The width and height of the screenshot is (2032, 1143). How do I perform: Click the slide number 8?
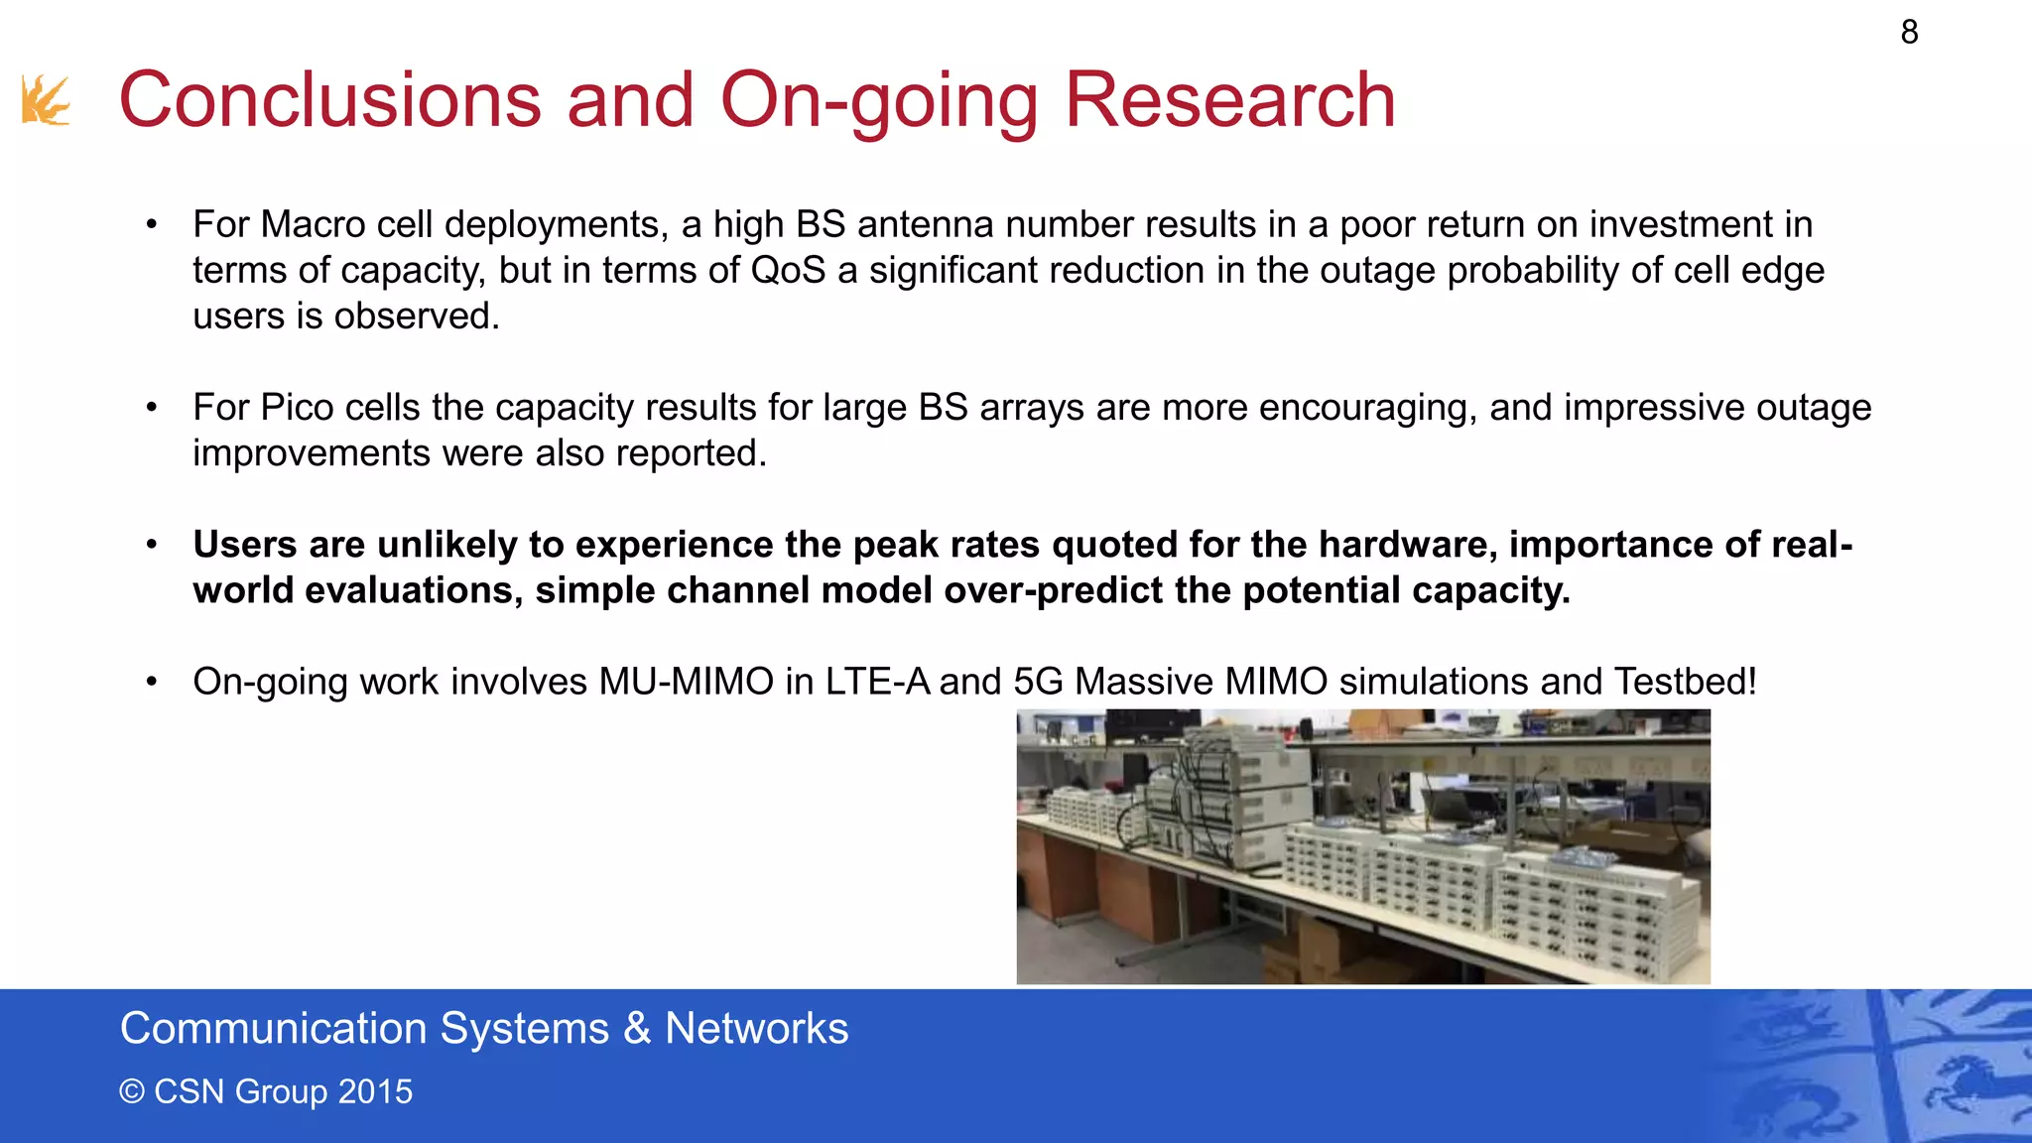pyautogui.click(x=1909, y=33)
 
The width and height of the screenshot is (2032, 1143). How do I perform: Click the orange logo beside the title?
pyautogui.click(x=46, y=100)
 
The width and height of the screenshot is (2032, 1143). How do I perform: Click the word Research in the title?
pyautogui.click(x=1229, y=100)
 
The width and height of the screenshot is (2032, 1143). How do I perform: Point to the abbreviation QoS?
pyautogui.click(x=788, y=270)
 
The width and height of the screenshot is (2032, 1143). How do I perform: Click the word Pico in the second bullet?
pyautogui.click(x=297, y=407)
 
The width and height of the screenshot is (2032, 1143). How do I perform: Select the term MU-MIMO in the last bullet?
pyautogui.click(x=686, y=682)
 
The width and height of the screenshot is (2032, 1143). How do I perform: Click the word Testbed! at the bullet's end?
pyautogui.click(x=1686, y=682)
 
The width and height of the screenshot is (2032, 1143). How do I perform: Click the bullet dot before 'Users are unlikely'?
pyautogui.click(x=152, y=545)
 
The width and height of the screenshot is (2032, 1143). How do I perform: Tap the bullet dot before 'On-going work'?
pyautogui.click(x=152, y=682)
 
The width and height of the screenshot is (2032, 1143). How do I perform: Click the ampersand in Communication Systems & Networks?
pyautogui.click(x=637, y=1029)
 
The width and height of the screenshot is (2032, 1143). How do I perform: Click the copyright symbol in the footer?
pyautogui.click(x=132, y=1091)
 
